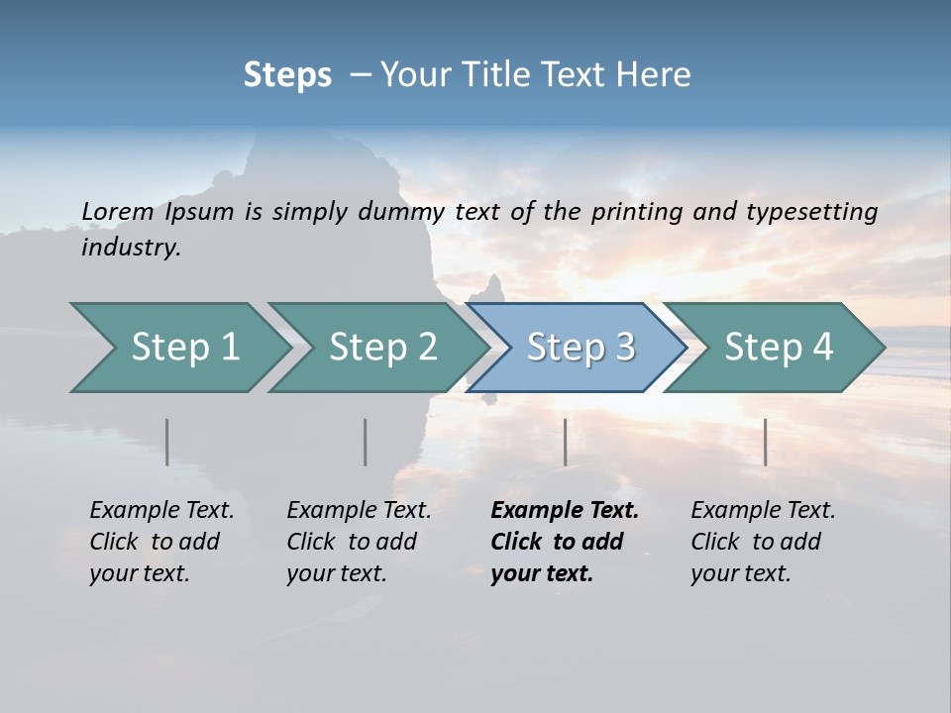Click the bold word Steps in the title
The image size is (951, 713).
point(287,75)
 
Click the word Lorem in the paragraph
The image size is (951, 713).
point(118,211)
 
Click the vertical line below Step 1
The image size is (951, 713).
point(167,442)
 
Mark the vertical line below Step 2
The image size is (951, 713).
point(366,442)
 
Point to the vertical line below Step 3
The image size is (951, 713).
point(565,442)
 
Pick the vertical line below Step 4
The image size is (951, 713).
point(765,442)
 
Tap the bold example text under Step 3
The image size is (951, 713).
point(564,542)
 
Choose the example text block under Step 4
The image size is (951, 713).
point(763,542)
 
